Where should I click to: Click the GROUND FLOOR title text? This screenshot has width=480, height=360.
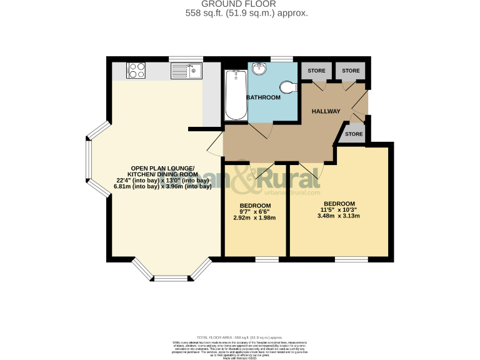pyautogui.click(x=240, y=4)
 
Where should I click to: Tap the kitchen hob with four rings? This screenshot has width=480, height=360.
pyautogui.click(x=136, y=71)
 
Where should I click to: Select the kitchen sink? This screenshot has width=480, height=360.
pyautogui.click(x=186, y=71)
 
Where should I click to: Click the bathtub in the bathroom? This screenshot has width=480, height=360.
pyautogui.click(x=236, y=94)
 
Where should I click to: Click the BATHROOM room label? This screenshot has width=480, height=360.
pyautogui.click(x=263, y=98)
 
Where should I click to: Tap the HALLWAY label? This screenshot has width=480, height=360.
pyautogui.click(x=326, y=112)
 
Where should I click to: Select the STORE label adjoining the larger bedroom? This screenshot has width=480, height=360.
pyautogui.click(x=354, y=134)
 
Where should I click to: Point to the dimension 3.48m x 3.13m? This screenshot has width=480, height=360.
pyautogui.click(x=338, y=216)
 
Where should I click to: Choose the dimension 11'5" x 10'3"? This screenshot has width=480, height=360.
pyautogui.click(x=338, y=210)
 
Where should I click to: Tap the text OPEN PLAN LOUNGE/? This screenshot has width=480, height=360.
pyautogui.click(x=162, y=167)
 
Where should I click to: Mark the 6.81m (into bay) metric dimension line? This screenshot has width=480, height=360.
pyautogui.click(x=162, y=186)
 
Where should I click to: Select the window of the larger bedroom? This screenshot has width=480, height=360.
pyautogui.click(x=347, y=258)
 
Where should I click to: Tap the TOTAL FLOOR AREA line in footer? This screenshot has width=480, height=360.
pyautogui.click(x=240, y=337)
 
